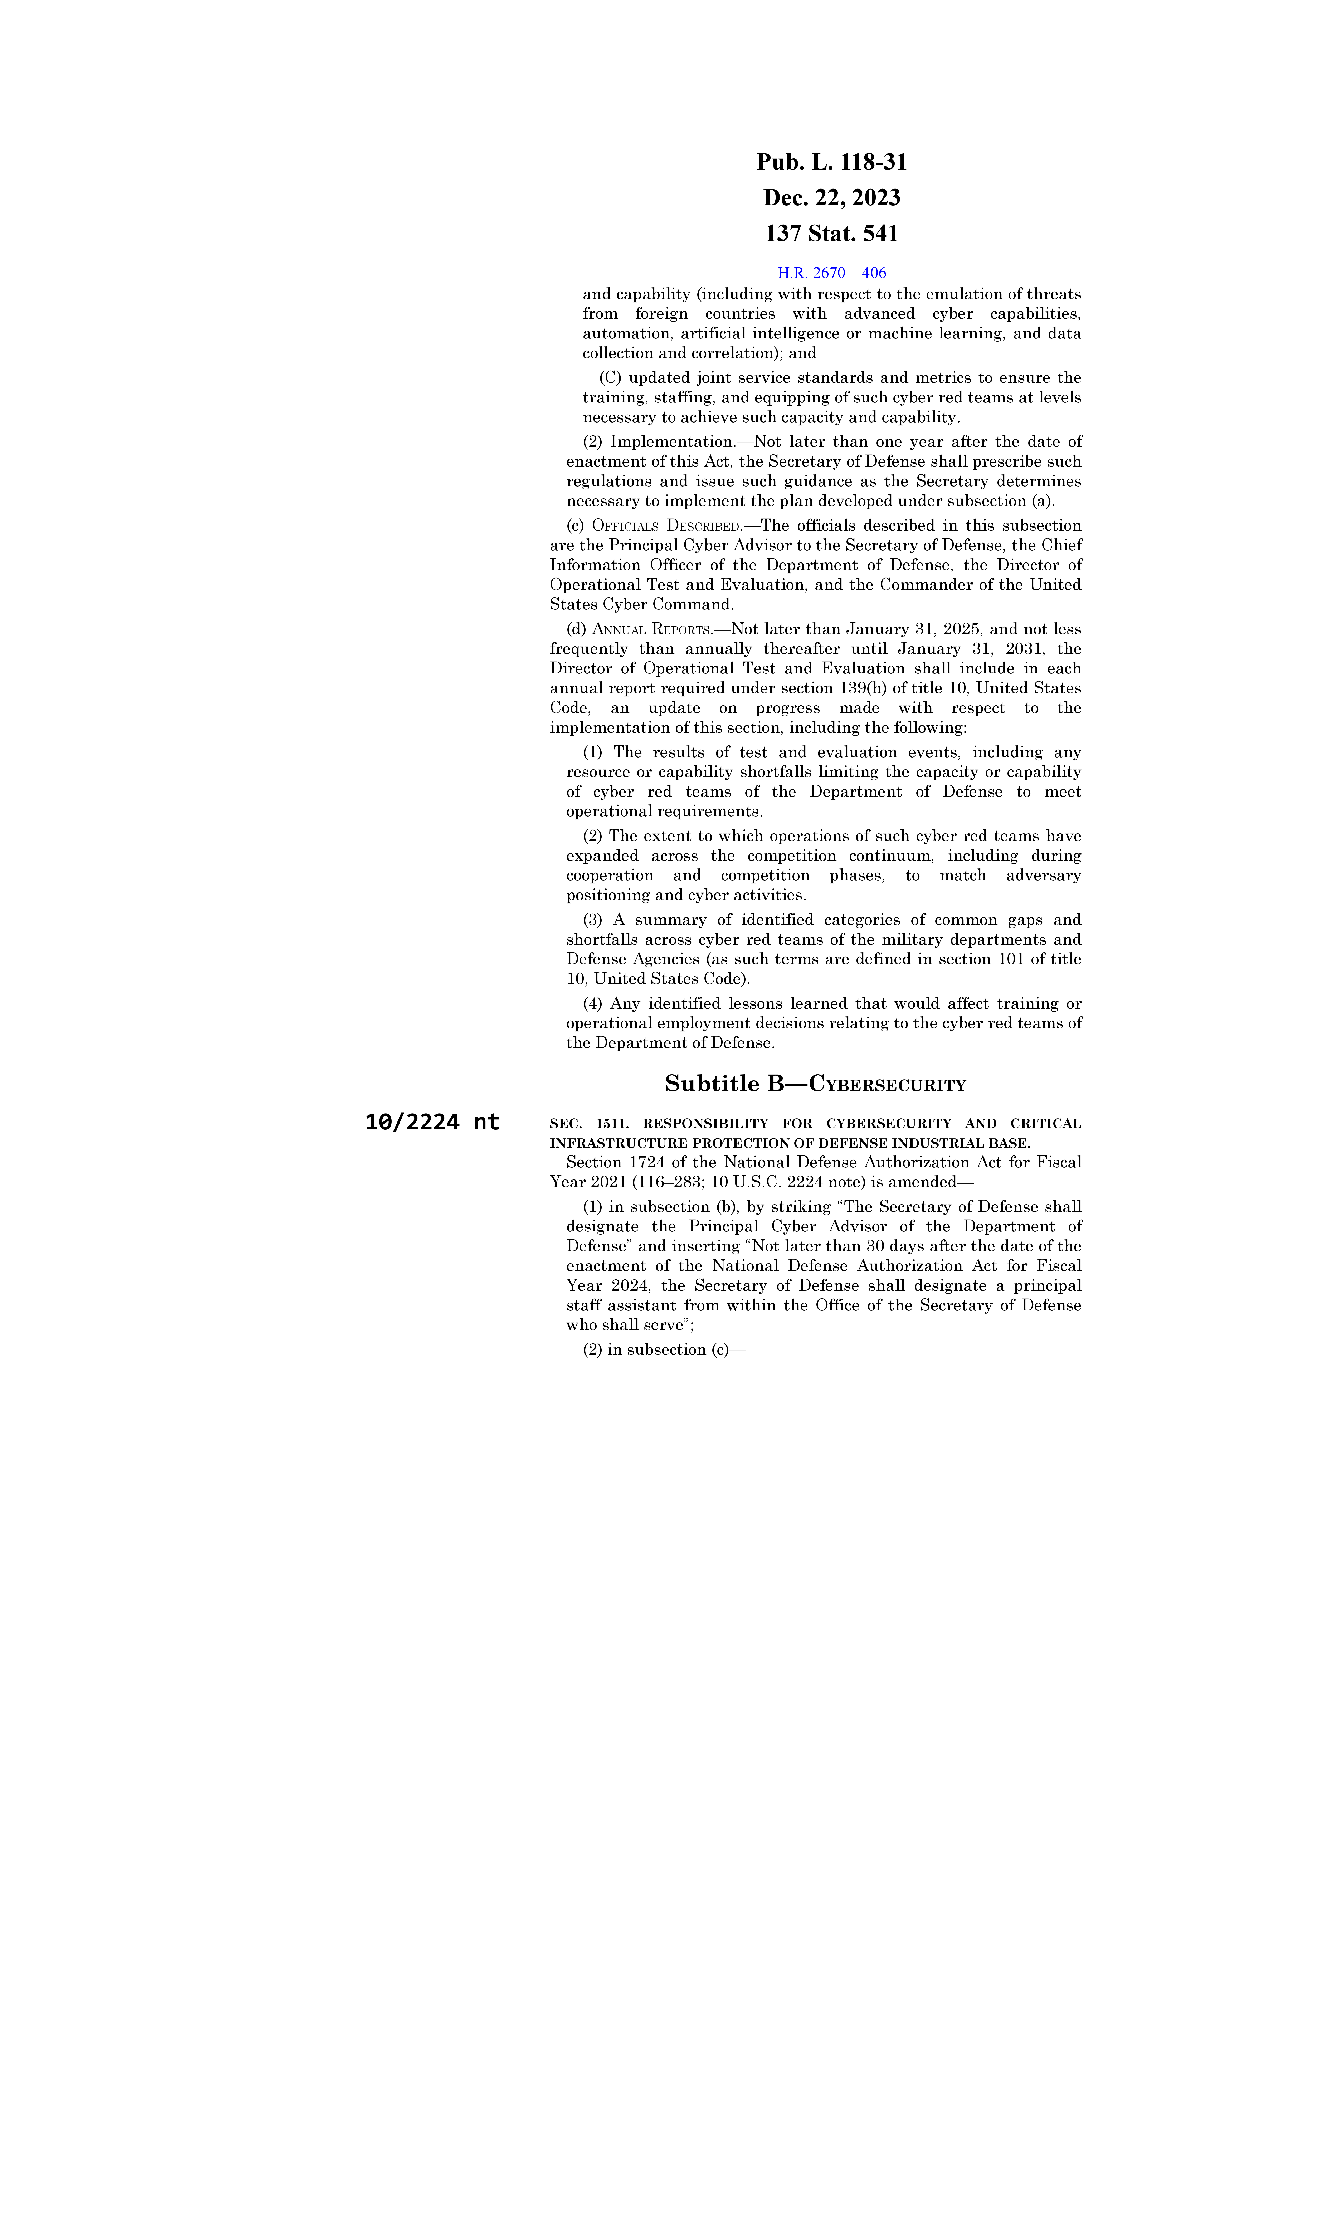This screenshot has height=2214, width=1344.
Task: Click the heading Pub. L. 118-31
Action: point(831,163)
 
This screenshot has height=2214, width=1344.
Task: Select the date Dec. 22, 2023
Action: point(831,198)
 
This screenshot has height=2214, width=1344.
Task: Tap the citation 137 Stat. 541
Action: point(831,234)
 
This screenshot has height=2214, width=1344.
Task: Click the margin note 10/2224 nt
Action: point(432,1122)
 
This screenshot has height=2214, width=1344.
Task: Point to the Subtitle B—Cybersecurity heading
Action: point(815,1085)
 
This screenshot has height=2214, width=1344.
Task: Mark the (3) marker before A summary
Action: point(593,920)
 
